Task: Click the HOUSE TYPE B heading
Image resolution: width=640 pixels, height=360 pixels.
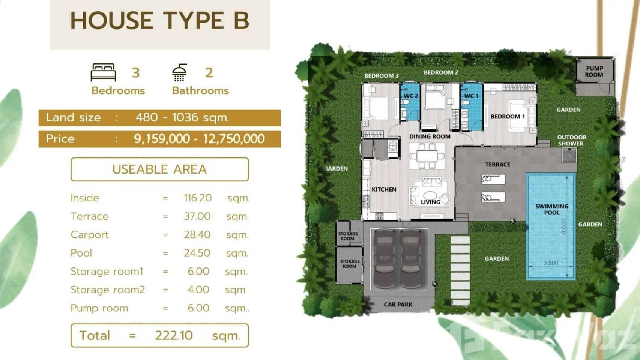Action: click(x=160, y=21)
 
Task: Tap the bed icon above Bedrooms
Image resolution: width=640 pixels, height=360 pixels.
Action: click(x=103, y=72)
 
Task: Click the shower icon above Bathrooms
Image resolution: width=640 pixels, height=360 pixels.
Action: click(x=179, y=72)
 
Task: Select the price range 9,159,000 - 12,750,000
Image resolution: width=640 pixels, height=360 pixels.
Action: click(x=199, y=139)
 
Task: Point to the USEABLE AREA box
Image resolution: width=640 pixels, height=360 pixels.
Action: click(x=159, y=169)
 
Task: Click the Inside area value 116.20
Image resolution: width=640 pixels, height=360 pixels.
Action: click(x=198, y=198)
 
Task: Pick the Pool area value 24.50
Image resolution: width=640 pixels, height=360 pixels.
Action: click(x=197, y=253)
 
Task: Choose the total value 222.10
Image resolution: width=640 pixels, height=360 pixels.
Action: click(x=174, y=335)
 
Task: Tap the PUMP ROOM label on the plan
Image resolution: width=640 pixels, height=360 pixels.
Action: click(x=594, y=71)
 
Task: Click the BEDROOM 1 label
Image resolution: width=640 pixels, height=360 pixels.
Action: click(x=508, y=117)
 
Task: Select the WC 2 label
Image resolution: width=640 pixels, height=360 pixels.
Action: click(x=411, y=96)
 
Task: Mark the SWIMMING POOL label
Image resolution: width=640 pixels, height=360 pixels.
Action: click(x=552, y=209)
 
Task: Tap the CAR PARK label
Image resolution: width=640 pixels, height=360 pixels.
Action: click(x=398, y=304)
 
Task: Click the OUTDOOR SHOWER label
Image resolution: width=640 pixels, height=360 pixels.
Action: click(x=571, y=140)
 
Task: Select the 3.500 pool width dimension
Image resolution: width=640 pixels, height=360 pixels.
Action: click(x=551, y=263)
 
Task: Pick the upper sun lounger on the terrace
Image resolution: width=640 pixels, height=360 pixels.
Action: click(x=493, y=179)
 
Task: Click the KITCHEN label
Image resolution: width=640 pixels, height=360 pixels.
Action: click(x=384, y=190)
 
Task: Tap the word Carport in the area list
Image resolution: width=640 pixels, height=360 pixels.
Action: click(x=89, y=235)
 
